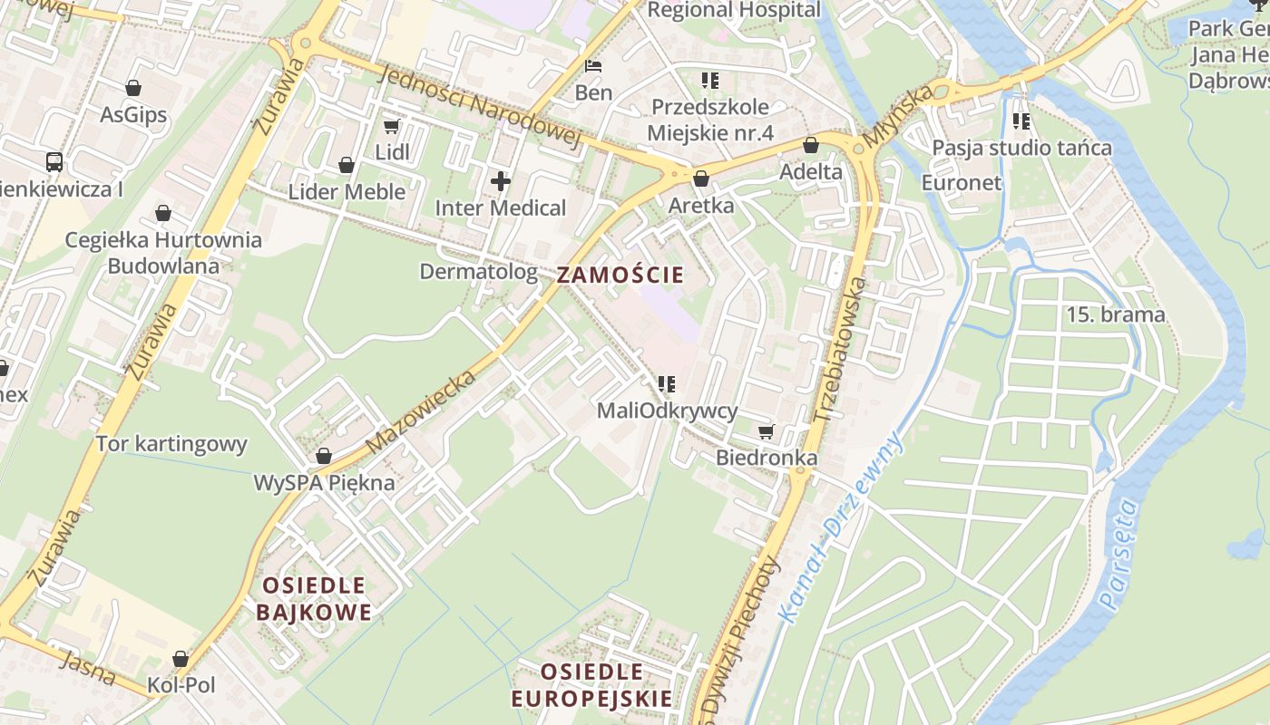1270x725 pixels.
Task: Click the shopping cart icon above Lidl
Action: [x=391, y=127]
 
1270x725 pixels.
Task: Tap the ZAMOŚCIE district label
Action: [x=620, y=275]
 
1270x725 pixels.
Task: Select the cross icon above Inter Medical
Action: [x=500, y=181]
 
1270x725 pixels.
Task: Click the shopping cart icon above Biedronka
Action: [x=766, y=432]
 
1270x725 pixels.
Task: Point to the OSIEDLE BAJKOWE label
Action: [x=314, y=599]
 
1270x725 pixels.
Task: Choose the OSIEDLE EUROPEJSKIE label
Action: [x=591, y=685]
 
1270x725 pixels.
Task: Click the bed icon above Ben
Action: [x=593, y=66]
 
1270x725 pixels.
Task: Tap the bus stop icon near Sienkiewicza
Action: [x=54, y=163]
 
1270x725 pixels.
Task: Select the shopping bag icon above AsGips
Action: [x=133, y=89]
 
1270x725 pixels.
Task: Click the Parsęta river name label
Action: [x=1118, y=554]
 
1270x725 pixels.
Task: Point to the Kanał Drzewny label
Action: [x=841, y=527]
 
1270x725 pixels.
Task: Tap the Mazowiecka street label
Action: [x=421, y=412]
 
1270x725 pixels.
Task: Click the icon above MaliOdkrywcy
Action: [x=667, y=384]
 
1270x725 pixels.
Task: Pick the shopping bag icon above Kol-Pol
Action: [x=181, y=659]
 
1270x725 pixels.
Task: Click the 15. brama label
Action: [x=1115, y=315]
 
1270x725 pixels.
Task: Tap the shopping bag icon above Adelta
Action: [x=811, y=146]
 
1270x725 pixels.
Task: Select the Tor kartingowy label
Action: [x=171, y=444]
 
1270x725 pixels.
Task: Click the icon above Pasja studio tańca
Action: [x=1021, y=121]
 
